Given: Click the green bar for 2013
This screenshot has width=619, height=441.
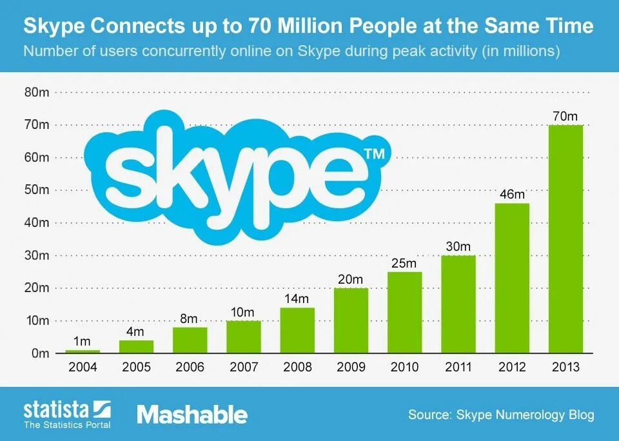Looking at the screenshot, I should pos(565,239).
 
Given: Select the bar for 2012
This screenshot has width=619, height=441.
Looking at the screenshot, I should pos(512,278).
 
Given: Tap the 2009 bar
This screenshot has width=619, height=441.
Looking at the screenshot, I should pos(351,320).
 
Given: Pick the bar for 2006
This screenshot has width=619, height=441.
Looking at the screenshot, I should pos(190,340).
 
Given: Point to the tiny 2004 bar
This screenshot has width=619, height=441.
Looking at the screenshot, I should pos(83,351).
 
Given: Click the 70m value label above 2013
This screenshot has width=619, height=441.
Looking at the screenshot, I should pos(565,117).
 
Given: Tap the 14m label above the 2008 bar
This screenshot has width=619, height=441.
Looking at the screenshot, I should pos(297,299).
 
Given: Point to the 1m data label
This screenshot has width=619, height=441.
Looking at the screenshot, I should pos(83,342).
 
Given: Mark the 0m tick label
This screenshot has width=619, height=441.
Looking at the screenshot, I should pos(41,353).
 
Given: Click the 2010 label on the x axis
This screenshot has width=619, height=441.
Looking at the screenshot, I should pos(405,367).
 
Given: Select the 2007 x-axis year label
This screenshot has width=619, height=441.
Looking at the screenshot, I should pos(243,367).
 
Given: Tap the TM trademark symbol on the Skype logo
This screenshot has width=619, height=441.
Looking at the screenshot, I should pos(374,154).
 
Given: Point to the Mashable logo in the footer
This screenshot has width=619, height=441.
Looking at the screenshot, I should pos(192,414).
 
